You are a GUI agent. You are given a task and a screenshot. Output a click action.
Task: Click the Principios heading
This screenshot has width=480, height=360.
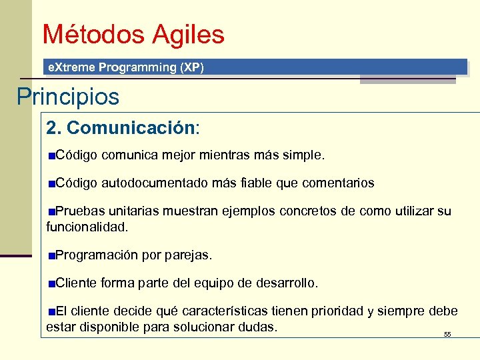click(68, 97)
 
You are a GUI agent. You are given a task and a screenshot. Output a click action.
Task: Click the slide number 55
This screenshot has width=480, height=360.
click(447, 334)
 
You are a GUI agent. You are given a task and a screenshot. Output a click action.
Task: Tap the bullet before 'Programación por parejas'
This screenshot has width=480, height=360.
click(51, 255)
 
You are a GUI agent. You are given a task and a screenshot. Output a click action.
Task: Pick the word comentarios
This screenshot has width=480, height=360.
click(338, 183)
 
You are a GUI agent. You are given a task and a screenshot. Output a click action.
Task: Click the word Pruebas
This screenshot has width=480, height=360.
click(77, 211)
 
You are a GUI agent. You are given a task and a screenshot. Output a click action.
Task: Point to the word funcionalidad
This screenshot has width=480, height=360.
click(87, 227)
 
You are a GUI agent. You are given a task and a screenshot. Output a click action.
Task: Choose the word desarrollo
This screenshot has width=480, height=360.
click(287, 283)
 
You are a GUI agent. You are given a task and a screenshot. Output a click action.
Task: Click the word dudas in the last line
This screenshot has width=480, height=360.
click(260, 327)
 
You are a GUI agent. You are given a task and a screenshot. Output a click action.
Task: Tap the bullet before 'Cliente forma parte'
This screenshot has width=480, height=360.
click(51, 283)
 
